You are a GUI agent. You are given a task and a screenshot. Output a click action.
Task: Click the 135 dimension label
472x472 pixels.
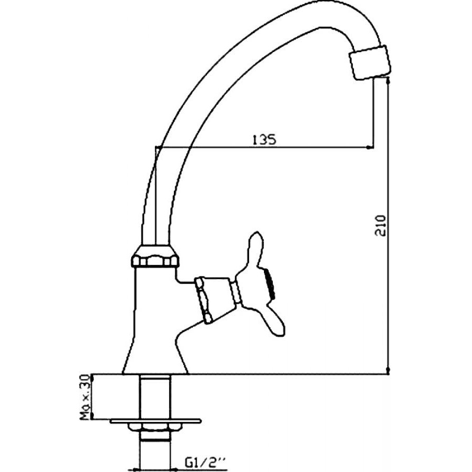tap(264, 140)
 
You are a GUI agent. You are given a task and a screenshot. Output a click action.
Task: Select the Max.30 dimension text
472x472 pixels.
tap(86, 397)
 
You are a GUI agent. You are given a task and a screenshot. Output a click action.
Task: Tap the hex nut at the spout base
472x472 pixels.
tap(155, 257)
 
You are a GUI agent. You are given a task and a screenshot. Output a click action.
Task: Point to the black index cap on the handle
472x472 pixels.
tap(270, 284)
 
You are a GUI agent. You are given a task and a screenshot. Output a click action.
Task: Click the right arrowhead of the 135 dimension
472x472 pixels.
tap(370, 147)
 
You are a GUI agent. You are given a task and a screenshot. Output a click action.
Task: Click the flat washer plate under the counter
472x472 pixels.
tap(155, 420)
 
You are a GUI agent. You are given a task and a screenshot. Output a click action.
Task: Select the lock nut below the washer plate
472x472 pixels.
tap(155, 427)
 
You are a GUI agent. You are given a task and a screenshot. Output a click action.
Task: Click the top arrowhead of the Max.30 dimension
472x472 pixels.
tap(92, 378)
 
